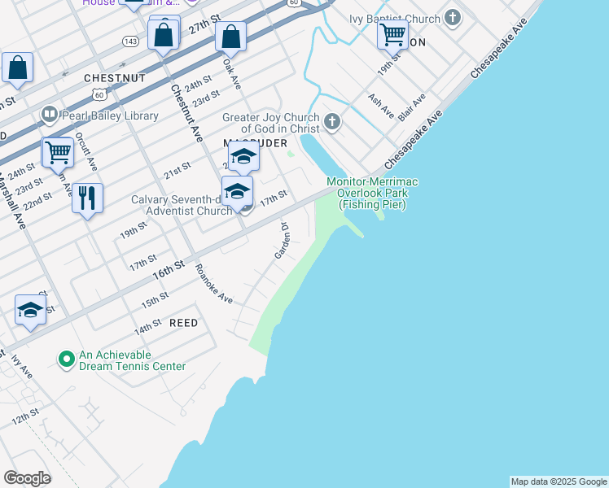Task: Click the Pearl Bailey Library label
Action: pyautogui.click(x=109, y=115)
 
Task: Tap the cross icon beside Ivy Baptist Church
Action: pyautogui.click(x=453, y=18)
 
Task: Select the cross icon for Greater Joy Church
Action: pyautogui.click(x=331, y=123)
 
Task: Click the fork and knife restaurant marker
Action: pyautogui.click(x=87, y=198)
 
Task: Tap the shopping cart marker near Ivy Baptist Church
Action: pyautogui.click(x=392, y=34)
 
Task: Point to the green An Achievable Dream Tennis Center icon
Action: pyautogui.click(x=65, y=358)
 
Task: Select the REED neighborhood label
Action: pyautogui.click(x=183, y=323)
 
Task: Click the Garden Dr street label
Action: pyautogui.click(x=283, y=241)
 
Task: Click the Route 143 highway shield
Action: pyautogui.click(x=130, y=40)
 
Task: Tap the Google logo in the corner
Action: pyautogui.click(x=27, y=478)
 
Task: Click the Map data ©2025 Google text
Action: pyautogui.click(x=559, y=481)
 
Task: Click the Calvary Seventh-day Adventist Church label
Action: pyautogui.click(x=183, y=205)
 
